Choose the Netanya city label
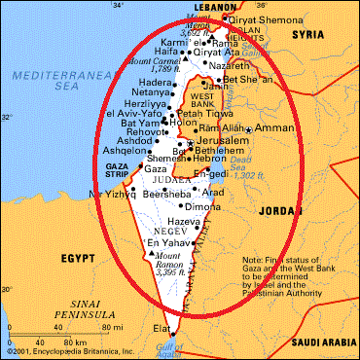pos(178,94)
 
